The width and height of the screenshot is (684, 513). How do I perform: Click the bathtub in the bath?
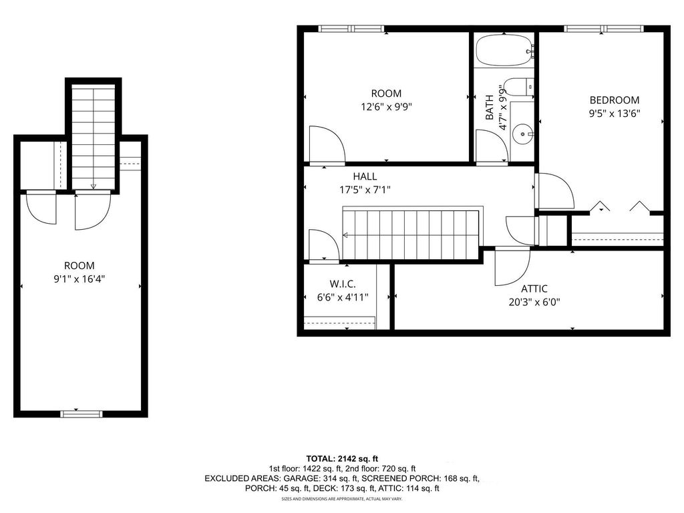(504, 50)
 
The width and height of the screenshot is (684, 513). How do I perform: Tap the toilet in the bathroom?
(518, 86)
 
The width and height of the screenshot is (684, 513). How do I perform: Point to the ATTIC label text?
(534, 289)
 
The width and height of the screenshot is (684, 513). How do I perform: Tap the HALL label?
(365, 176)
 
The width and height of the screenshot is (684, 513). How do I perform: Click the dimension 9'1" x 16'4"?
(79, 279)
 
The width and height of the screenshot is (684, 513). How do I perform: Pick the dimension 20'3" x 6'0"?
(534, 301)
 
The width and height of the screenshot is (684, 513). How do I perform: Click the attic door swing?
(510, 265)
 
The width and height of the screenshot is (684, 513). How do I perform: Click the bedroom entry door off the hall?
(554, 192)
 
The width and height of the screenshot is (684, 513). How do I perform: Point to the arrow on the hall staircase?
(346, 235)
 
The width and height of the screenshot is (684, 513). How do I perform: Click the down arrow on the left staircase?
(93, 186)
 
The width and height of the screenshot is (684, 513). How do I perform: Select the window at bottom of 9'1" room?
(81, 413)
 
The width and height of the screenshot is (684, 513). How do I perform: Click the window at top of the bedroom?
(603, 29)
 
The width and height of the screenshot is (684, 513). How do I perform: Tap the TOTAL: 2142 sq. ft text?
(342, 458)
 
